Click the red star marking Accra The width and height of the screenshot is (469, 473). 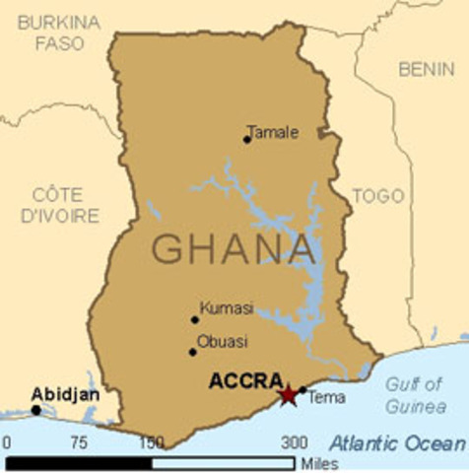point(288,394)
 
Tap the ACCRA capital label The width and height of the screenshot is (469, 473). point(246,380)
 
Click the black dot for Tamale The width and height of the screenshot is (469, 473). point(246,139)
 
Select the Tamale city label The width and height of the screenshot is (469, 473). point(272,131)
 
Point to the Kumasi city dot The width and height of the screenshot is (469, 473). point(195,319)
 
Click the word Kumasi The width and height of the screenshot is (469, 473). point(226,308)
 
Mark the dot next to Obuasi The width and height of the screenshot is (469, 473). point(193,352)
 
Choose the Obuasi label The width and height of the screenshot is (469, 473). point(223,342)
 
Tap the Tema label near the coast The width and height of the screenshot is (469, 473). point(326,398)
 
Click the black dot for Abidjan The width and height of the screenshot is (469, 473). point(35,410)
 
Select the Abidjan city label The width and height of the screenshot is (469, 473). point(65,393)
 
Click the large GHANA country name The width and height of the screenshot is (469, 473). point(234,248)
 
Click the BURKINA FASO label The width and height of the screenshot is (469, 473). point(59,32)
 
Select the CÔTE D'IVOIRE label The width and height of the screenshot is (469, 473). point(65,204)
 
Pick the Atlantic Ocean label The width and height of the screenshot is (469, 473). point(396,442)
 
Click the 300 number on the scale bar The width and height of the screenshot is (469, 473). point(294,442)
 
